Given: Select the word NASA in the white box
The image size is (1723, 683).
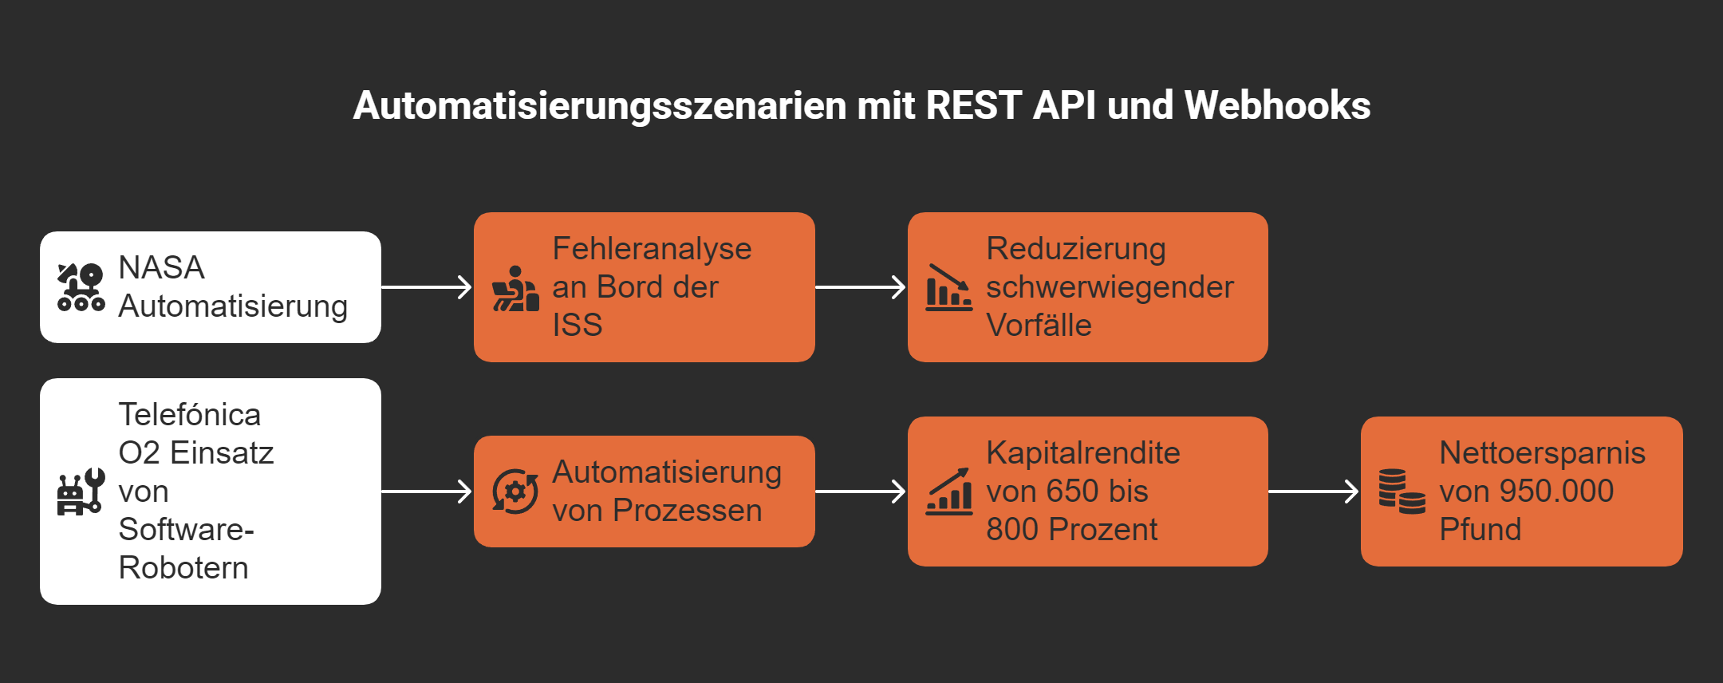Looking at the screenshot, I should (x=161, y=268).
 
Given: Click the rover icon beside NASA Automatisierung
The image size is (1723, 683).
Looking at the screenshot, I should (x=81, y=287).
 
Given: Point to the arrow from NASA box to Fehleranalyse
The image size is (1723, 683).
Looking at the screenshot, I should (x=427, y=287).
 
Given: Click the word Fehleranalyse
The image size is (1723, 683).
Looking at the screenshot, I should (x=652, y=249).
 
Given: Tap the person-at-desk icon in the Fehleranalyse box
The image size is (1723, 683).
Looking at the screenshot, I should (x=515, y=289).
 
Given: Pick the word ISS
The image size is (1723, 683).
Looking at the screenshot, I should (x=578, y=326).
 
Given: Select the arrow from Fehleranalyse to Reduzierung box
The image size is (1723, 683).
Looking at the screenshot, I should (x=861, y=287).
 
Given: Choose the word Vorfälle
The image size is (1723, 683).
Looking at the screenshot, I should (x=1039, y=326).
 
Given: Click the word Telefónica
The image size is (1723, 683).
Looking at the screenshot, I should (x=190, y=415).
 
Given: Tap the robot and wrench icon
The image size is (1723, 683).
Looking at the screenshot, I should (x=81, y=492).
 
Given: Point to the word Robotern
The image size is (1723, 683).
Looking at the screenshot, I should (x=183, y=568).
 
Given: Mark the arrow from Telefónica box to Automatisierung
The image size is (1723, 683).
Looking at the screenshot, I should (x=427, y=492).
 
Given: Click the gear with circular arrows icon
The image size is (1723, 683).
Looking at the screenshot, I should (x=515, y=492).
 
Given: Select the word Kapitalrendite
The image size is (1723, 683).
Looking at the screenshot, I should (x=1082, y=453).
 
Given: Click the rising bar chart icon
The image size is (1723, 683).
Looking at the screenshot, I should (x=948, y=492).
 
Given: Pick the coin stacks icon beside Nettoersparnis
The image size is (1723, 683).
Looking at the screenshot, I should (x=1402, y=492).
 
